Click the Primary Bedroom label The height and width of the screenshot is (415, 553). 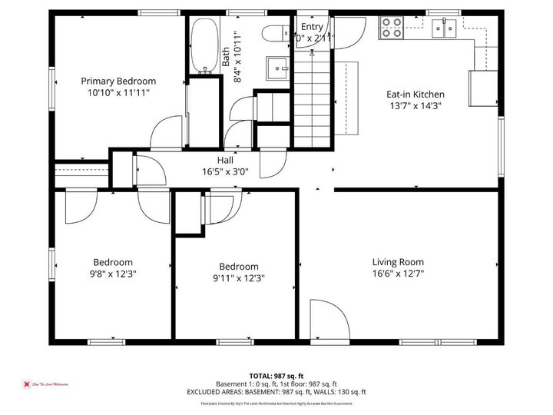118,81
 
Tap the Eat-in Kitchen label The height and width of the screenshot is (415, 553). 414,95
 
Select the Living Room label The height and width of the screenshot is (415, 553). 398,262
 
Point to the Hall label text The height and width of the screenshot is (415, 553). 225,160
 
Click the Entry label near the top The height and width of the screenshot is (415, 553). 312,26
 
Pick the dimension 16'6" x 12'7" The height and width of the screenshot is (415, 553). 398,274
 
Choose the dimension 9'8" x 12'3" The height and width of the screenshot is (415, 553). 113,274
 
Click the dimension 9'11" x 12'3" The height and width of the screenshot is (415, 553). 238,278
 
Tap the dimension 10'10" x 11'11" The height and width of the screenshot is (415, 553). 118,92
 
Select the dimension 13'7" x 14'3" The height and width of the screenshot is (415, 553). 414,106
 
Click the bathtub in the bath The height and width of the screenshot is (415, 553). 204,46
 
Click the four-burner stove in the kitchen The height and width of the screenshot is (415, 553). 392,28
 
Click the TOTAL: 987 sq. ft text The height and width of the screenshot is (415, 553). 276,375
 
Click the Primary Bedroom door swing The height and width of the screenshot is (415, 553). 167,134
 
